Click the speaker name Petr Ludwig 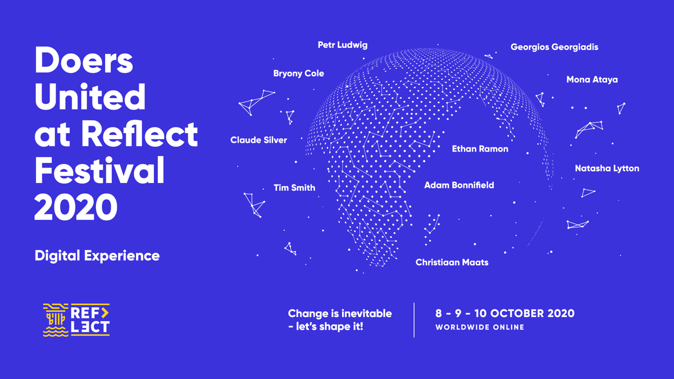coord(343,45)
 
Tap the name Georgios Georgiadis coord(554,47)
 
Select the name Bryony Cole coord(298,74)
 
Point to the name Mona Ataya coord(592,80)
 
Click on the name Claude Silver coord(258,140)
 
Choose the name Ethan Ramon coord(480,149)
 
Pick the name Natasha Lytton coord(607,168)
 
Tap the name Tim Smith coord(294,188)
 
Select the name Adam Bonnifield coord(459,185)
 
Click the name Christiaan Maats coord(452,262)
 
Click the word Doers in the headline coord(84,60)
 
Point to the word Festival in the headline coord(99,170)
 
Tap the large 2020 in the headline coord(76,207)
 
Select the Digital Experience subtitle coord(97,256)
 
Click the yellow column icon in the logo coord(56,320)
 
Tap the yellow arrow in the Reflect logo coord(104,313)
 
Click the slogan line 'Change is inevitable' coord(340,313)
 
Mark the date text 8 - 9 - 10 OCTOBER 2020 coord(505,313)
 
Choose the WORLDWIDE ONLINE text coord(480,327)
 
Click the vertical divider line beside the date coord(414,320)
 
